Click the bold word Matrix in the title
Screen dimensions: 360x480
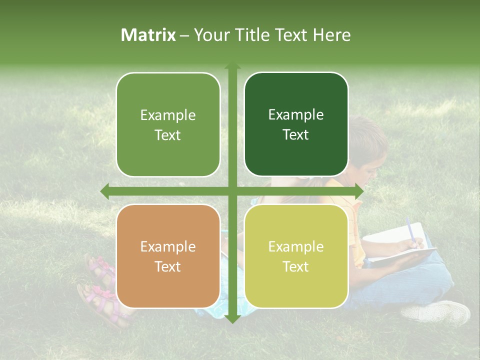[148, 35]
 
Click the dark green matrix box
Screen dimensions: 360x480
[296, 124]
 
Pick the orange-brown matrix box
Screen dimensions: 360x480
[168, 256]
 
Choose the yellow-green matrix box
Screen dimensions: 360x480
[296, 256]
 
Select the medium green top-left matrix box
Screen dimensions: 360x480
[168, 124]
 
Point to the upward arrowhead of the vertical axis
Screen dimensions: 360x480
[232, 66]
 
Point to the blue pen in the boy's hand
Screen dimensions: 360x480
[409, 229]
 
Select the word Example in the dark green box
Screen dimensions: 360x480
[296, 115]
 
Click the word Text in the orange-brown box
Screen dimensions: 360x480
[168, 267]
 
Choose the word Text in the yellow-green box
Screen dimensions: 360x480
[296, 267]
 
